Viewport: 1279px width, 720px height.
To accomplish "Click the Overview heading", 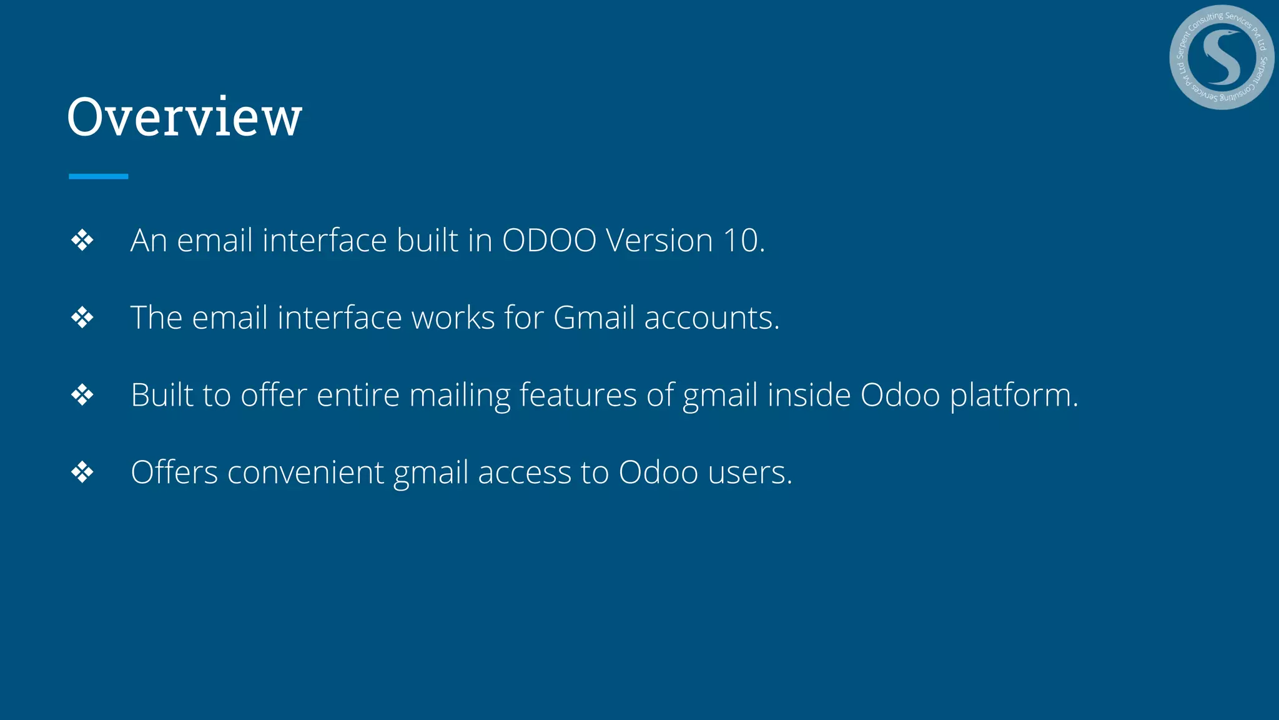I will click(184, 117).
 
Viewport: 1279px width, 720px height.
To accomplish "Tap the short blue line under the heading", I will click(99, 177).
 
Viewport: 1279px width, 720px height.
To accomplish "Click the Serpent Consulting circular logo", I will click(1221, 57).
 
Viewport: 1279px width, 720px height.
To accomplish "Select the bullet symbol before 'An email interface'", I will click(82, 241).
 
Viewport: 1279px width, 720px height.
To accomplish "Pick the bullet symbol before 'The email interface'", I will click(82, 318).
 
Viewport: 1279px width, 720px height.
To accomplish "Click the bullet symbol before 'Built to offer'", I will click(82, 395).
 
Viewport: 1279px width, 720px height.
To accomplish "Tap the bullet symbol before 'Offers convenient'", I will click(82, 472).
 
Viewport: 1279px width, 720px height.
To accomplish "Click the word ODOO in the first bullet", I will click(549, 241).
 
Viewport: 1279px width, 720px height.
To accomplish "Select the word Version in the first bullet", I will click(659, 241).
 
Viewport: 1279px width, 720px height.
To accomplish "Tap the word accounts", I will click(711, 318).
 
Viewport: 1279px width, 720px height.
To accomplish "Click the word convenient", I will click(305, 472).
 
